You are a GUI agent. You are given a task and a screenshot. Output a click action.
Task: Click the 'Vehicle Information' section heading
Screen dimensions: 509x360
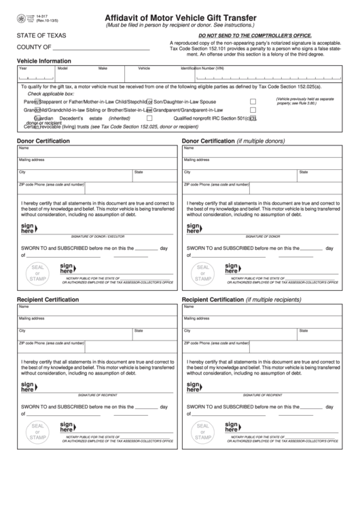[x=43, y=60]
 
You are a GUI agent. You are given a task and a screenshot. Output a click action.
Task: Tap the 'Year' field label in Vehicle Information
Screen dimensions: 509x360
[x=23, y=69]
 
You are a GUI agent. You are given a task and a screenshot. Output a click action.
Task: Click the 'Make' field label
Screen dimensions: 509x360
[x=103, y=69]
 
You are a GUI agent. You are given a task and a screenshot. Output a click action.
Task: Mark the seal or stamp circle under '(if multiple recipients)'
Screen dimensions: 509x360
[x=203, y=431]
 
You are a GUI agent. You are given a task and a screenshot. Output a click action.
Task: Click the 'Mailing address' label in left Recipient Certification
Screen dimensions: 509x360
[x=32, y=317]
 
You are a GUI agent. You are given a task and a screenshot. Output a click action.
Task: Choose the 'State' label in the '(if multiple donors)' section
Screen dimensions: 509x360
[x=303, y=172]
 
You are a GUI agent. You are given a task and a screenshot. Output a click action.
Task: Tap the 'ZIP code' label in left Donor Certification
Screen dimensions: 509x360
[x=26, y=184]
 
